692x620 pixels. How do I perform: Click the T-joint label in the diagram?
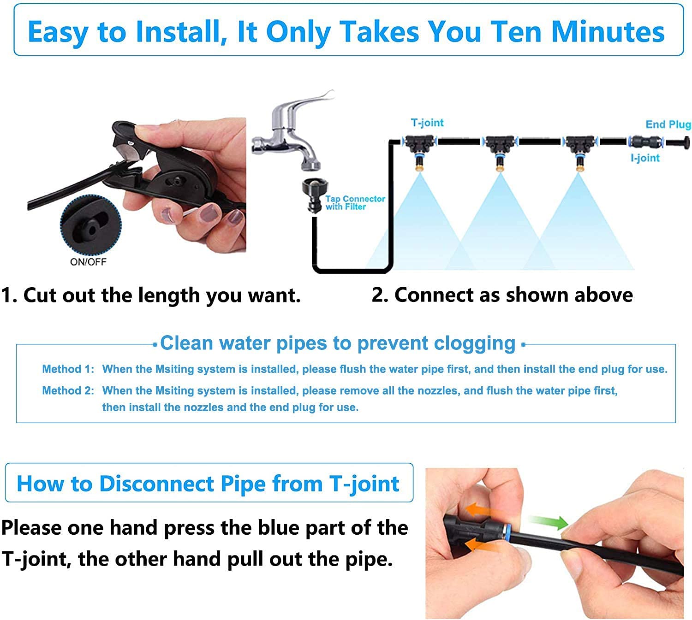pyautogui.click(x=427, y=123)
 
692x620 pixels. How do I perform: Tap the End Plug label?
pyautogui.click(x=667, y=124)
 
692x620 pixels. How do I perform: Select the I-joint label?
pyautogui.click(x=644, y=158)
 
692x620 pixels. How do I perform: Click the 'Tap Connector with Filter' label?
pyautogui.click(x=354, y=203)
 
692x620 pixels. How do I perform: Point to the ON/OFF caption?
pyautogui.click(x=88, y=262)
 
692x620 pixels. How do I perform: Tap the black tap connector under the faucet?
pyautogui.click(x=313, y=194)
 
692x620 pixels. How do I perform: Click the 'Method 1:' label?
pyautogui.click(x=68, y=369)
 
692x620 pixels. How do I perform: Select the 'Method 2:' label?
pyautogui.click(x=68, y=391)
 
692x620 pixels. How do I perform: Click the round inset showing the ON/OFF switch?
pyautogui.click(x=91, y=226)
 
